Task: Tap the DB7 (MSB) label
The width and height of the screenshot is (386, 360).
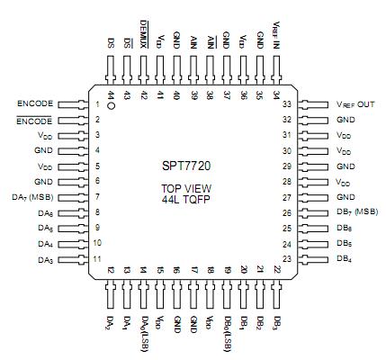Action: [355, 212]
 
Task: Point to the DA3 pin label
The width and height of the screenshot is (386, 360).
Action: [46, 259]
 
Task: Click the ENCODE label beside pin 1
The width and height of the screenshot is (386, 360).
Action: [34, 104]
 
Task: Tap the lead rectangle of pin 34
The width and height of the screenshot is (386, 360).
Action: [274, 69]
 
